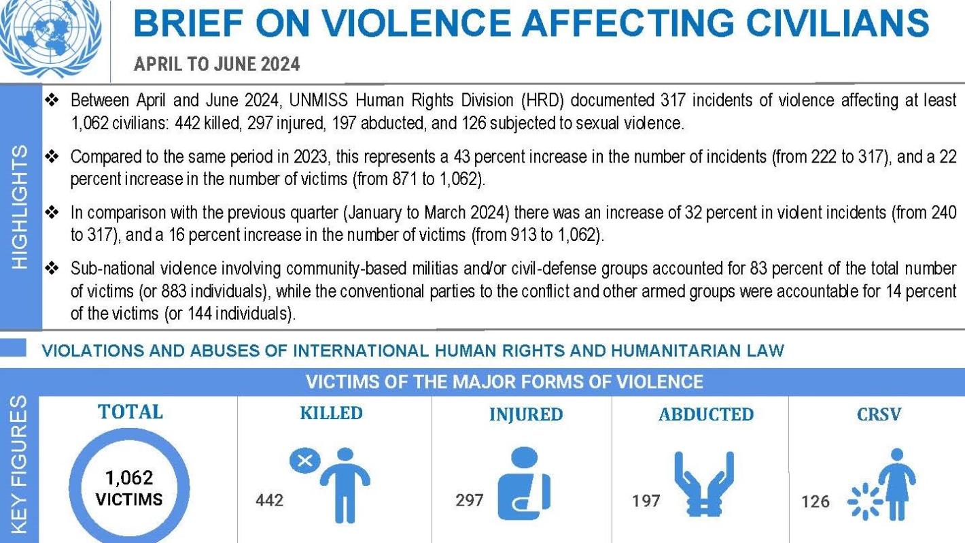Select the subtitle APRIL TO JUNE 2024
pyautogui.click(x=217, y=65)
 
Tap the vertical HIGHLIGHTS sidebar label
pyautogui.click(x=20, y=205)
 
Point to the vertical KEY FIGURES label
pyautogui.click(x=20, y=464)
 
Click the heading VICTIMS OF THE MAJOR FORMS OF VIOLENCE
pyautogui.click(x=504, y=382)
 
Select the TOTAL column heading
pyautogui.click(x=130, y=412)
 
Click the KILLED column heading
pyautogui.click(x=331, y=413)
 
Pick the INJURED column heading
pyautogui.click(x=526, y=414)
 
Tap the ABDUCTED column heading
pyautogui.click(x=705, y=414)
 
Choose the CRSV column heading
pyautogui.click(x=879, y=414)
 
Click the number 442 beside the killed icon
pyautogui.click(x=269, y=500)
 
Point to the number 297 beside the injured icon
pyautogui.click(x=470, y=500)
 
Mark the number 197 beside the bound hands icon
pyautogui.click(x=646, y=501)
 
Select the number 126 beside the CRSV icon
pyautogui.click(x=815, y=501)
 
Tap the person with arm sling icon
pyautogui.click(x=524, y=484)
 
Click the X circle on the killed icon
pyautogui.click(x=305, y=461)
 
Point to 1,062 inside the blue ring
pyautogui.click(x=129, y=478)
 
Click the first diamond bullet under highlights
pyautogui.click(x=52, y=101)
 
